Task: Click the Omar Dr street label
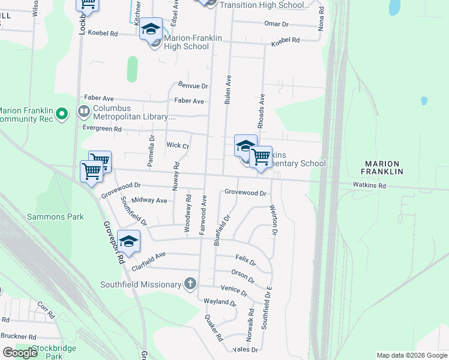point(277,24)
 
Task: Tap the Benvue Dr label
point(193,86)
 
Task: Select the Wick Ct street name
point(178,145)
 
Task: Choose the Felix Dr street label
point(246,262)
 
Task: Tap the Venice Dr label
point(234,291)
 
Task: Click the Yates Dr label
point(246,349)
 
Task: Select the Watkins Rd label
point(369,185)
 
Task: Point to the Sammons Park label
point(56,217)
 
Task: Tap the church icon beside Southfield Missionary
point(190,283)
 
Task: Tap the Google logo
point(20,353)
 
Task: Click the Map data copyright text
point(411,355)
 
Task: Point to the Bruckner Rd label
point(19,337)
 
